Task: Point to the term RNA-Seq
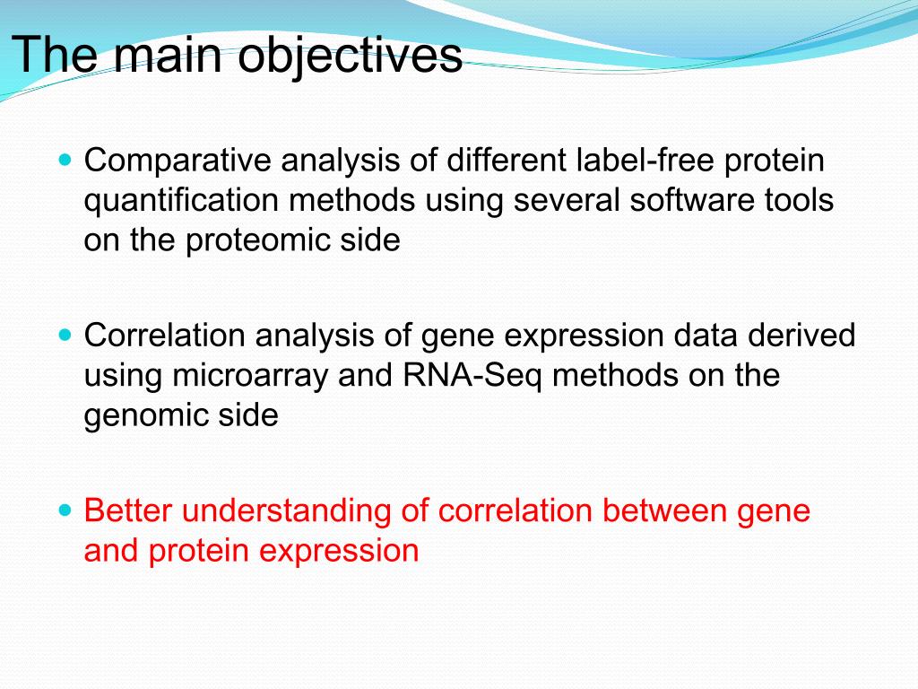coord(472,376)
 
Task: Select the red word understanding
coord(286,511)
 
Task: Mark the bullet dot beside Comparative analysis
coord(65,160)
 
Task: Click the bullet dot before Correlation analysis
coord(65,336)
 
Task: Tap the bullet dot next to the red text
coord(65,510)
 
